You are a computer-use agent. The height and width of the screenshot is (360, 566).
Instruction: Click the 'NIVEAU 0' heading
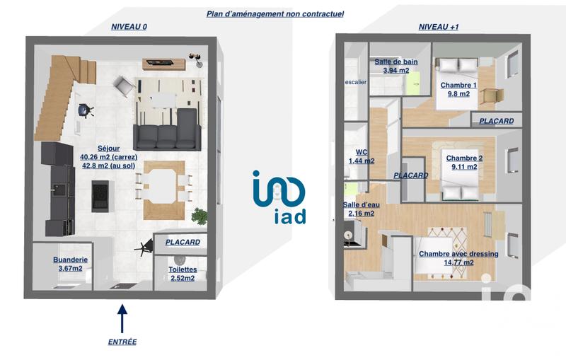(x=129, y=26)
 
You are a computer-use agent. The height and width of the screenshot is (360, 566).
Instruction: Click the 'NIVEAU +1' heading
(x=439, y=26)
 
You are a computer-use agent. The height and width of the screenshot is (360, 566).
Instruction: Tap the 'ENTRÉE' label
(x=122, y=342)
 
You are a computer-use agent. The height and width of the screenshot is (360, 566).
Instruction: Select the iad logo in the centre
(x=279, y=197)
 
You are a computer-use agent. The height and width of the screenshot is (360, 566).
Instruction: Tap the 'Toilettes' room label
(x=183, y=274)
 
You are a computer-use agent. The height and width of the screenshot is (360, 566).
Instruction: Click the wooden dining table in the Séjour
(x=164, y=190)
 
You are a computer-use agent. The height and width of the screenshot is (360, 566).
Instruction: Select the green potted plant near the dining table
(x=200, y=215)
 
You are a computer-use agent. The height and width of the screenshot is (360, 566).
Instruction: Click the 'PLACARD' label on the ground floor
(x=183, y=242)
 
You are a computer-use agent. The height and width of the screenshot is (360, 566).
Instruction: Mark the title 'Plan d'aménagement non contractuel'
(x=275, y=13)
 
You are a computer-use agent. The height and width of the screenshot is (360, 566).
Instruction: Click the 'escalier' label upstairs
(x=355, y=82)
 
